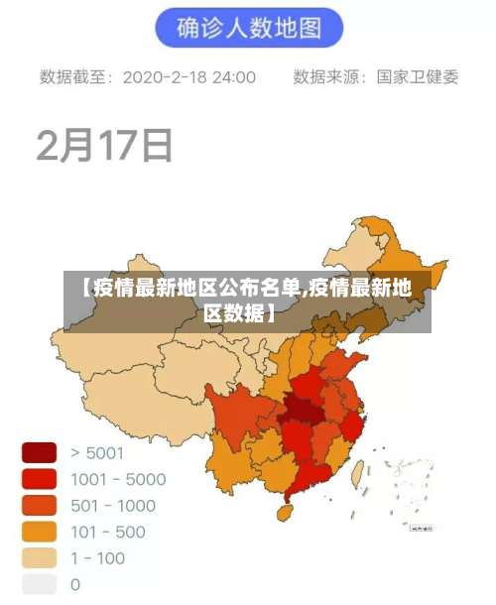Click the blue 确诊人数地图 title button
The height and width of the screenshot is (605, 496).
(x=248, y=28)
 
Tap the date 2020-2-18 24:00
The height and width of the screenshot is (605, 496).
(x=188, y=76)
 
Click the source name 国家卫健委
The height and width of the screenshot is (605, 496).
(x=417, y=76)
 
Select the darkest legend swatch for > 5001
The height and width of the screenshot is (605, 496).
(x=40, y=453)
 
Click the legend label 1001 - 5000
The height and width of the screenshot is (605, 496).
(x=118, y=480)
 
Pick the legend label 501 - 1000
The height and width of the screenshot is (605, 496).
(x=113, y=506)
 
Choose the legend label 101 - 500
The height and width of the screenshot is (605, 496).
(x=108, y=532)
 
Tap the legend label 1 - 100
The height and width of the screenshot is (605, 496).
(x=98, y=557)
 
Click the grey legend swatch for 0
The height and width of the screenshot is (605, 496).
(x=40, y=584)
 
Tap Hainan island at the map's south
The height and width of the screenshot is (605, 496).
(x=284, y=514)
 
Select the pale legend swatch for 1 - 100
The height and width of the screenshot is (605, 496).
(x=40, y=558)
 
